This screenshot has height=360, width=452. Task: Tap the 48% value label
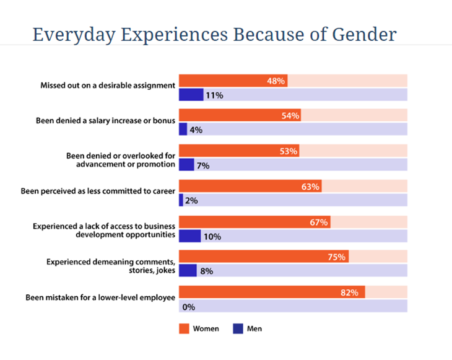click(276, 81)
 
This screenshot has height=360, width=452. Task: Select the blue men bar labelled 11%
click(191, 95)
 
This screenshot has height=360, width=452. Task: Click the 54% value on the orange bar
click(290, 116)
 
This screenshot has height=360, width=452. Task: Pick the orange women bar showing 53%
click(238, 151)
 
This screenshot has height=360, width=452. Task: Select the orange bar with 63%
click(250, 187)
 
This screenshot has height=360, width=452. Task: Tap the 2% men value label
click(191, 201)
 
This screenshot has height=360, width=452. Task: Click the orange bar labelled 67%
click(254, 222)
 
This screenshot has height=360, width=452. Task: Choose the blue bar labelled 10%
click(189, 236)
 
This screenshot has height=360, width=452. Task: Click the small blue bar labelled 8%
click(188, 271)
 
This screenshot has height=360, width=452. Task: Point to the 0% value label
click(189, 306)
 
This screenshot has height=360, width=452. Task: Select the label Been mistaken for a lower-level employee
click(100, 297)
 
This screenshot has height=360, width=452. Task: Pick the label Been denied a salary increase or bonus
click(106, 120)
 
